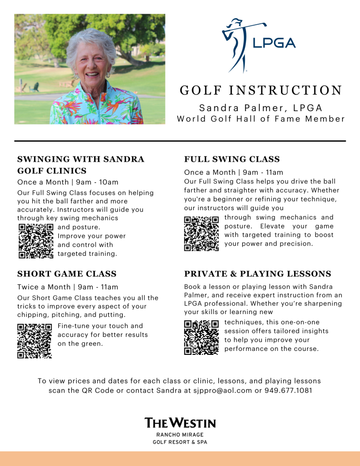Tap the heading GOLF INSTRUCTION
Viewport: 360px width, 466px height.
(x=261, y=91)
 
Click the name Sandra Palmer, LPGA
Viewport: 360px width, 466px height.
(x=261, y=108)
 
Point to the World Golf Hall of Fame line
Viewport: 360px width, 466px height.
(x=261, y=119)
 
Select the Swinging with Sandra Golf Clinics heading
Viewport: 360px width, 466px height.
(x=81, y=165)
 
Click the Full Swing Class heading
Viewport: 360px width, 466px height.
(x=232, y=159)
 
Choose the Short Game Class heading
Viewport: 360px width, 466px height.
(x=67, y=274)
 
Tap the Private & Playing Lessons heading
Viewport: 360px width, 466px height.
(x=258, y=274)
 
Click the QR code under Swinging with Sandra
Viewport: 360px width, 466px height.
(x=35, y=241)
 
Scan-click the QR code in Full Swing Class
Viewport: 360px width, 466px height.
(x=201, y=233)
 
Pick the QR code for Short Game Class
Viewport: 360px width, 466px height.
(x=34, y=341)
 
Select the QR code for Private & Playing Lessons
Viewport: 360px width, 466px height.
(x=201, y=337)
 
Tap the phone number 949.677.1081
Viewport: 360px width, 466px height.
(x=288, y=390)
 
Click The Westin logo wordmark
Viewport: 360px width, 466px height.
(x=180, y=422)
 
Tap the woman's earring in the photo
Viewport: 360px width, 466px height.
(x=108, y=75)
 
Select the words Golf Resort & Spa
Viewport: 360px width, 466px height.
(x=180, y=442)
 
